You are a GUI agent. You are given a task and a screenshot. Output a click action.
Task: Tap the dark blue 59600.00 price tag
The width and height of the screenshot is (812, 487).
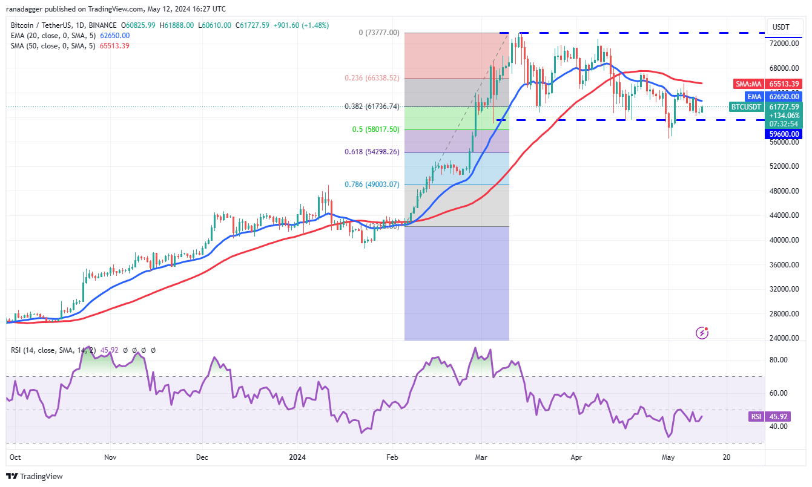(x=784, y=134)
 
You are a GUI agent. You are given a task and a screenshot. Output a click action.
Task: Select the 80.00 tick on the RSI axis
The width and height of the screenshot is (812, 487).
(x=778, y=359)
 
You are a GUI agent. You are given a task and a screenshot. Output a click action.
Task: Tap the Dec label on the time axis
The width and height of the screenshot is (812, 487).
(x=202, y=458)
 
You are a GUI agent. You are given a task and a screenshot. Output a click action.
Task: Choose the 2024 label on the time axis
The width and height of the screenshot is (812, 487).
(x=297, y=458)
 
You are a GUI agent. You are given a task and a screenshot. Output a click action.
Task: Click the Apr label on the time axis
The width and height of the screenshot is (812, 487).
(x=576, y=458)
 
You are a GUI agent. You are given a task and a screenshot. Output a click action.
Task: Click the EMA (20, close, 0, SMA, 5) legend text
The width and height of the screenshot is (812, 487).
(x=52, y=36)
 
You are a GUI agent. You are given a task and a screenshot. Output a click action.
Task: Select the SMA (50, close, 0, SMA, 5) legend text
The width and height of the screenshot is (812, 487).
(x=52, y=46)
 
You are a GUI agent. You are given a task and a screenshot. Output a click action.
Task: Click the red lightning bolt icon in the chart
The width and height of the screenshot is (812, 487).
(x=702, y=332)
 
